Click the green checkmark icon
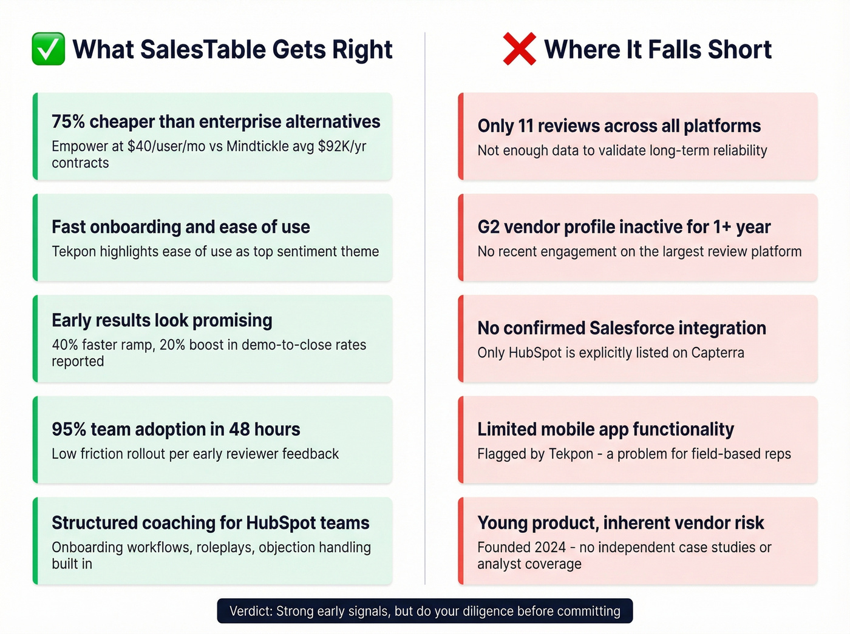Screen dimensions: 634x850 [49, 49]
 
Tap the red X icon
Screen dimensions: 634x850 [519, 49]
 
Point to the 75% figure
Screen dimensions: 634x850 [68, 122]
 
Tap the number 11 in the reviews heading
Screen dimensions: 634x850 [525, 126]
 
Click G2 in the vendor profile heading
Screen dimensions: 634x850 [488, 227]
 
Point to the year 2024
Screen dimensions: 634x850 [550, 547]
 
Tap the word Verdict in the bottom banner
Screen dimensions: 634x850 [251, 611]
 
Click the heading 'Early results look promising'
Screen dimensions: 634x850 [162, 320]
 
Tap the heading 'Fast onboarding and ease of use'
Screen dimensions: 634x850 [181, 227]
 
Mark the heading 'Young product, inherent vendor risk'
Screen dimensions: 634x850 [620, 523]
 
